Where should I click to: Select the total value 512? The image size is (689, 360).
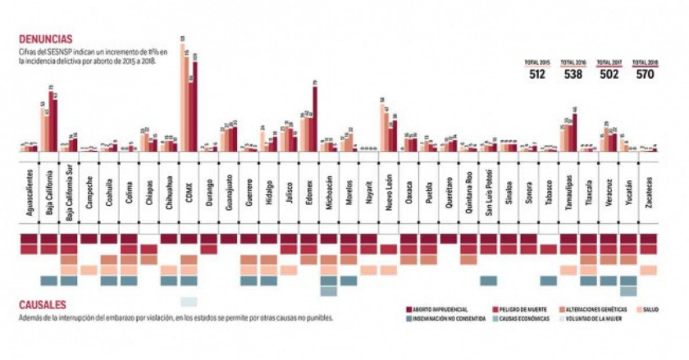point(537,75)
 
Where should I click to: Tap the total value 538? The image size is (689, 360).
point(572,75)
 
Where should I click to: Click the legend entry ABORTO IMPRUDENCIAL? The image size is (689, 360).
point(441,309)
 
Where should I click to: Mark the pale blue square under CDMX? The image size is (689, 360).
point(189,300)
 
